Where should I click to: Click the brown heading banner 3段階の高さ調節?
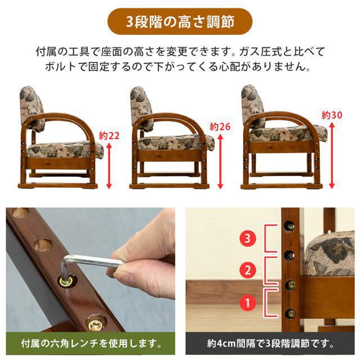179,22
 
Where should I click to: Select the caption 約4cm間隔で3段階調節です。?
270,343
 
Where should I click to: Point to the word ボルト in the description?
59,67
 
